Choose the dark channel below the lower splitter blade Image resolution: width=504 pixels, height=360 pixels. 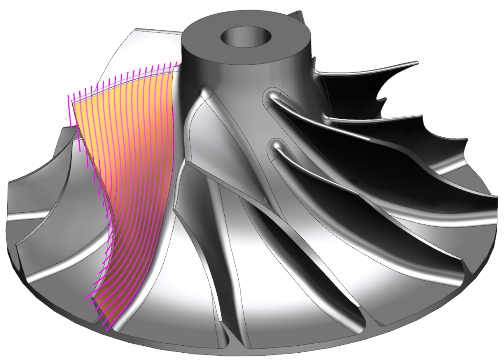point(325,185)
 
